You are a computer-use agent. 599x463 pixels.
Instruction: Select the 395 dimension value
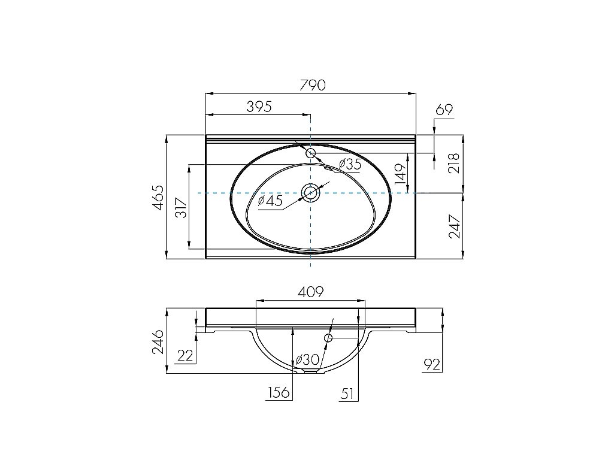point(259,107)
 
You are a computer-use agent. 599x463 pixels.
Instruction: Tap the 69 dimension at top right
point(444,110)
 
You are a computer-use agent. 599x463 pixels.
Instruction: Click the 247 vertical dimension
point(453,226)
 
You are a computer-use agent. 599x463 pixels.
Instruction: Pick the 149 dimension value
point(401,173)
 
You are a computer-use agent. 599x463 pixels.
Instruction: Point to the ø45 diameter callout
point(270,201)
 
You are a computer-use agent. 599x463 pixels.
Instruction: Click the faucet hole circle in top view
point(311,153)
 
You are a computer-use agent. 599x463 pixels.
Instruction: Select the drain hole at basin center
point(311,193)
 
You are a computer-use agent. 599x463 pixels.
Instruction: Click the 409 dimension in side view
point(311,292)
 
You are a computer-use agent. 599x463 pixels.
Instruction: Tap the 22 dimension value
point(186,356)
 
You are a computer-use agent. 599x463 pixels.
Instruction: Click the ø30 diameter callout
point(306,360)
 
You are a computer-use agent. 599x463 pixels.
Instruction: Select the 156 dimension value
point(279,392)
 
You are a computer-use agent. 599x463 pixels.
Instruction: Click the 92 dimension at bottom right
point(432,363)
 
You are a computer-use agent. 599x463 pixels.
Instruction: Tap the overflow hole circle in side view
point(328,338)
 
